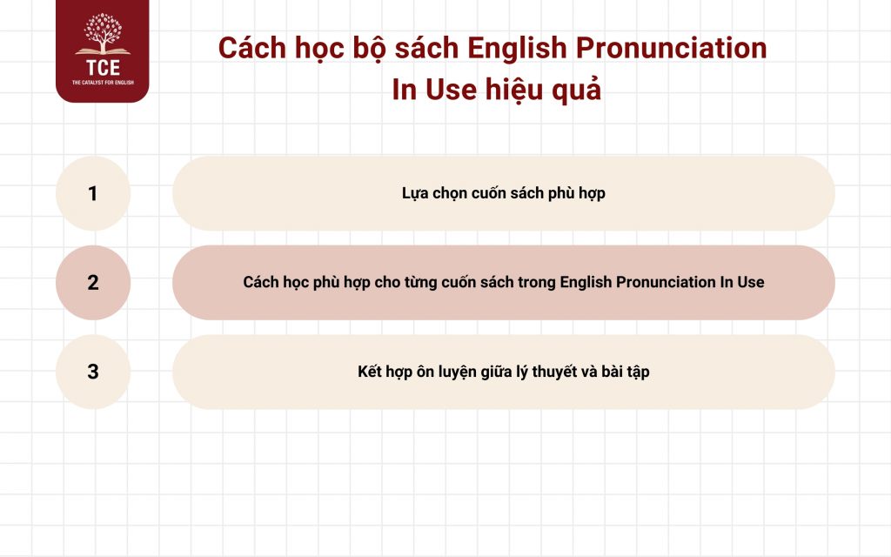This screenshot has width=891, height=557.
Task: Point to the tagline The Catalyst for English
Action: [103, 84]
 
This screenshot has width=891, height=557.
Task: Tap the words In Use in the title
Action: [427, 90]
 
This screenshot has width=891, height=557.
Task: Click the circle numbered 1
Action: [93, 193]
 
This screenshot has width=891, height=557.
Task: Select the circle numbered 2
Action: [93, 282]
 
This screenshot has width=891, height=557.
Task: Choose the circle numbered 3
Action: [93, 372]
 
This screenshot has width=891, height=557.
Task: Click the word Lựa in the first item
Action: [416, 193]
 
